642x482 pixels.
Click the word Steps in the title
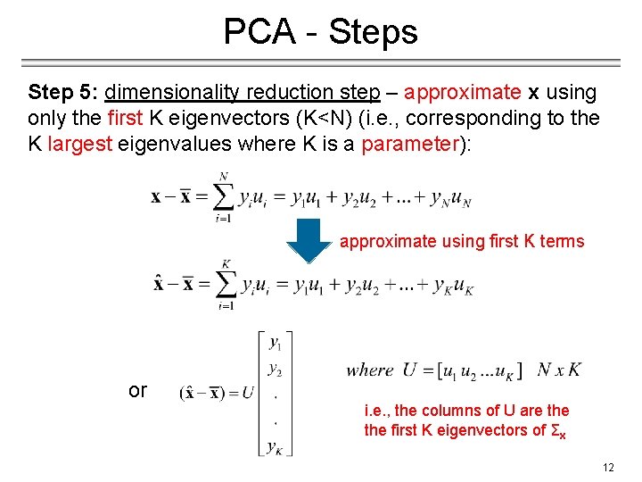pos(373,32)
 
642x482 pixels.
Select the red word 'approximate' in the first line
pos(462,92)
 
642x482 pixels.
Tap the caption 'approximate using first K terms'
pos(462,241)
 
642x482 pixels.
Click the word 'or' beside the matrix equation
pos(137,390)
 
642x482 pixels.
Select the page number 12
pos(608,467)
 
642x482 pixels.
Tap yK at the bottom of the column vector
pos(275,445)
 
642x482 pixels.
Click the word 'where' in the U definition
pos(370,370)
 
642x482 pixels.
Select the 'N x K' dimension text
pos(560,370)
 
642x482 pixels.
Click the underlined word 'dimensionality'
pos(172,92)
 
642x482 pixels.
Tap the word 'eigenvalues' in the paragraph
pos(171,144)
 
